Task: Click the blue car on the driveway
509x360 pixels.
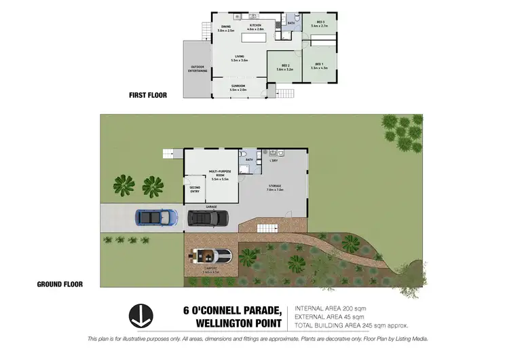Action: (x=156, y=217)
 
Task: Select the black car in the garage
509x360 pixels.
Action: (x=208, y=218)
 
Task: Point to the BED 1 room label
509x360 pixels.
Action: (x=318, y=67)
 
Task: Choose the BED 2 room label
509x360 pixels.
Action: (x=285, y=67)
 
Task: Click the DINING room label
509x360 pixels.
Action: (x=225, y=28)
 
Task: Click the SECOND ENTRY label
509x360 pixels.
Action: (x=194, y=190)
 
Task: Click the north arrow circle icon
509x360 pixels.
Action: (x=140, y=315)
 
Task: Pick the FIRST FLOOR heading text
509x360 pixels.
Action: (x=148, y=96)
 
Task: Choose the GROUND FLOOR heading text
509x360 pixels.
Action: (x=60, y=285)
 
